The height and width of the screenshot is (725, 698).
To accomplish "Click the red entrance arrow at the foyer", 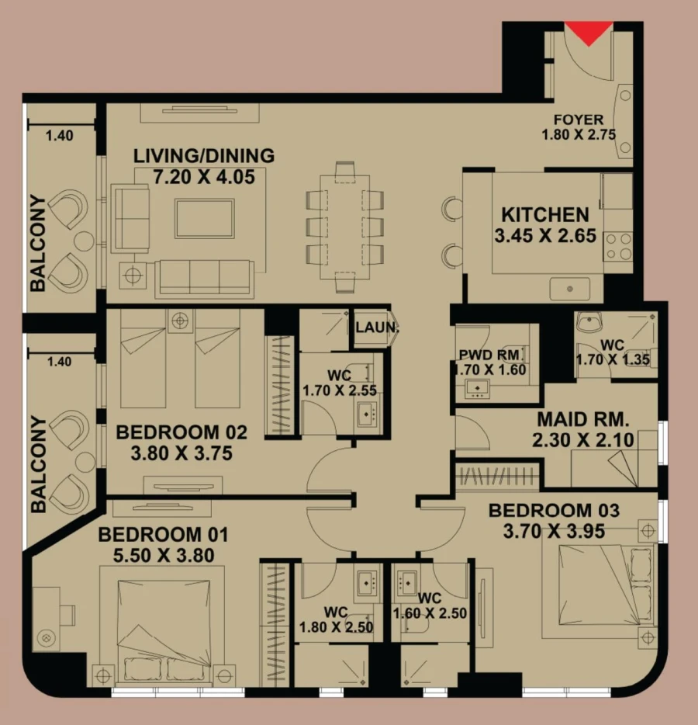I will tap(589, 33).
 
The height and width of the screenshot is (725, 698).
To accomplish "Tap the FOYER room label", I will tap(578, 120).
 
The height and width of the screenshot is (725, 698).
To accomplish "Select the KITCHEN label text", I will tap(545, 214).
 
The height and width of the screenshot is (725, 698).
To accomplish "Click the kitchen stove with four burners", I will tap(618, 248).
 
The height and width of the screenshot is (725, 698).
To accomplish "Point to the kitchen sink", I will tap(570, 289).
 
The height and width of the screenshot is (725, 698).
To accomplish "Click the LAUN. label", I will tap(376, 328).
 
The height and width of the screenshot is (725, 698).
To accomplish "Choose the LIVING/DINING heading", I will tap(204, 155).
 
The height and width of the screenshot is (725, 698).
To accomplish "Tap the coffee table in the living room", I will tap(204, 218).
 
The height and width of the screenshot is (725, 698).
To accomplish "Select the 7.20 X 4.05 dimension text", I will tap(204, 177).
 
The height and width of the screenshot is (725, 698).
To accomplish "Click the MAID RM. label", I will tap(584, 420).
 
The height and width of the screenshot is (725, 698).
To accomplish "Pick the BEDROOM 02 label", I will tap(181, 432).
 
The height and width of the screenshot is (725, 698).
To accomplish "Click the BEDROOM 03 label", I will tap(554, 511).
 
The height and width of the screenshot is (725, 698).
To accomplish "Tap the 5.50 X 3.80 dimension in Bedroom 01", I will tap(164, 555).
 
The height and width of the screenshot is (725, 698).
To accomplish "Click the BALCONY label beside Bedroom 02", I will tap(37, 463).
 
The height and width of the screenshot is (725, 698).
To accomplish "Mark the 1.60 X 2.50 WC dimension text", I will tap(430, 613).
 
